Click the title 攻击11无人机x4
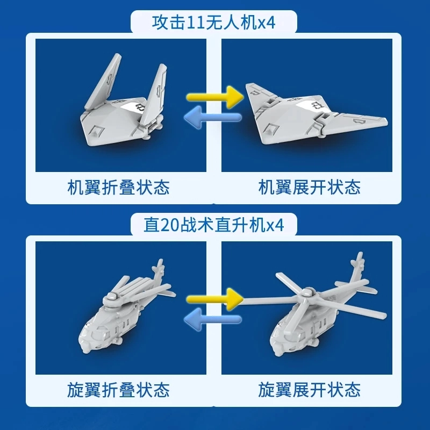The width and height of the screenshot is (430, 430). tap(213, 22)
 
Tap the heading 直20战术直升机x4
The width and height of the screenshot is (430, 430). tap(213, 225)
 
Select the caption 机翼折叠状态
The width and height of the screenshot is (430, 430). tap(118, 188)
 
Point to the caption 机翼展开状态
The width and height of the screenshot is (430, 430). tap(310, 188)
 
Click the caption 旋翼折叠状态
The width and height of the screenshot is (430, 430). tap(118, 390)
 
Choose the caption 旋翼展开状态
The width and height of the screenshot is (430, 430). tap(310, 390)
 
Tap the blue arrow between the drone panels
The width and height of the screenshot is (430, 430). tap(213, 117)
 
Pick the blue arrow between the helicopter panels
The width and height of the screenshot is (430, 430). tap(213, 319)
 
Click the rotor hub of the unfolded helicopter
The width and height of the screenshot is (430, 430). tap(306, 294)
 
